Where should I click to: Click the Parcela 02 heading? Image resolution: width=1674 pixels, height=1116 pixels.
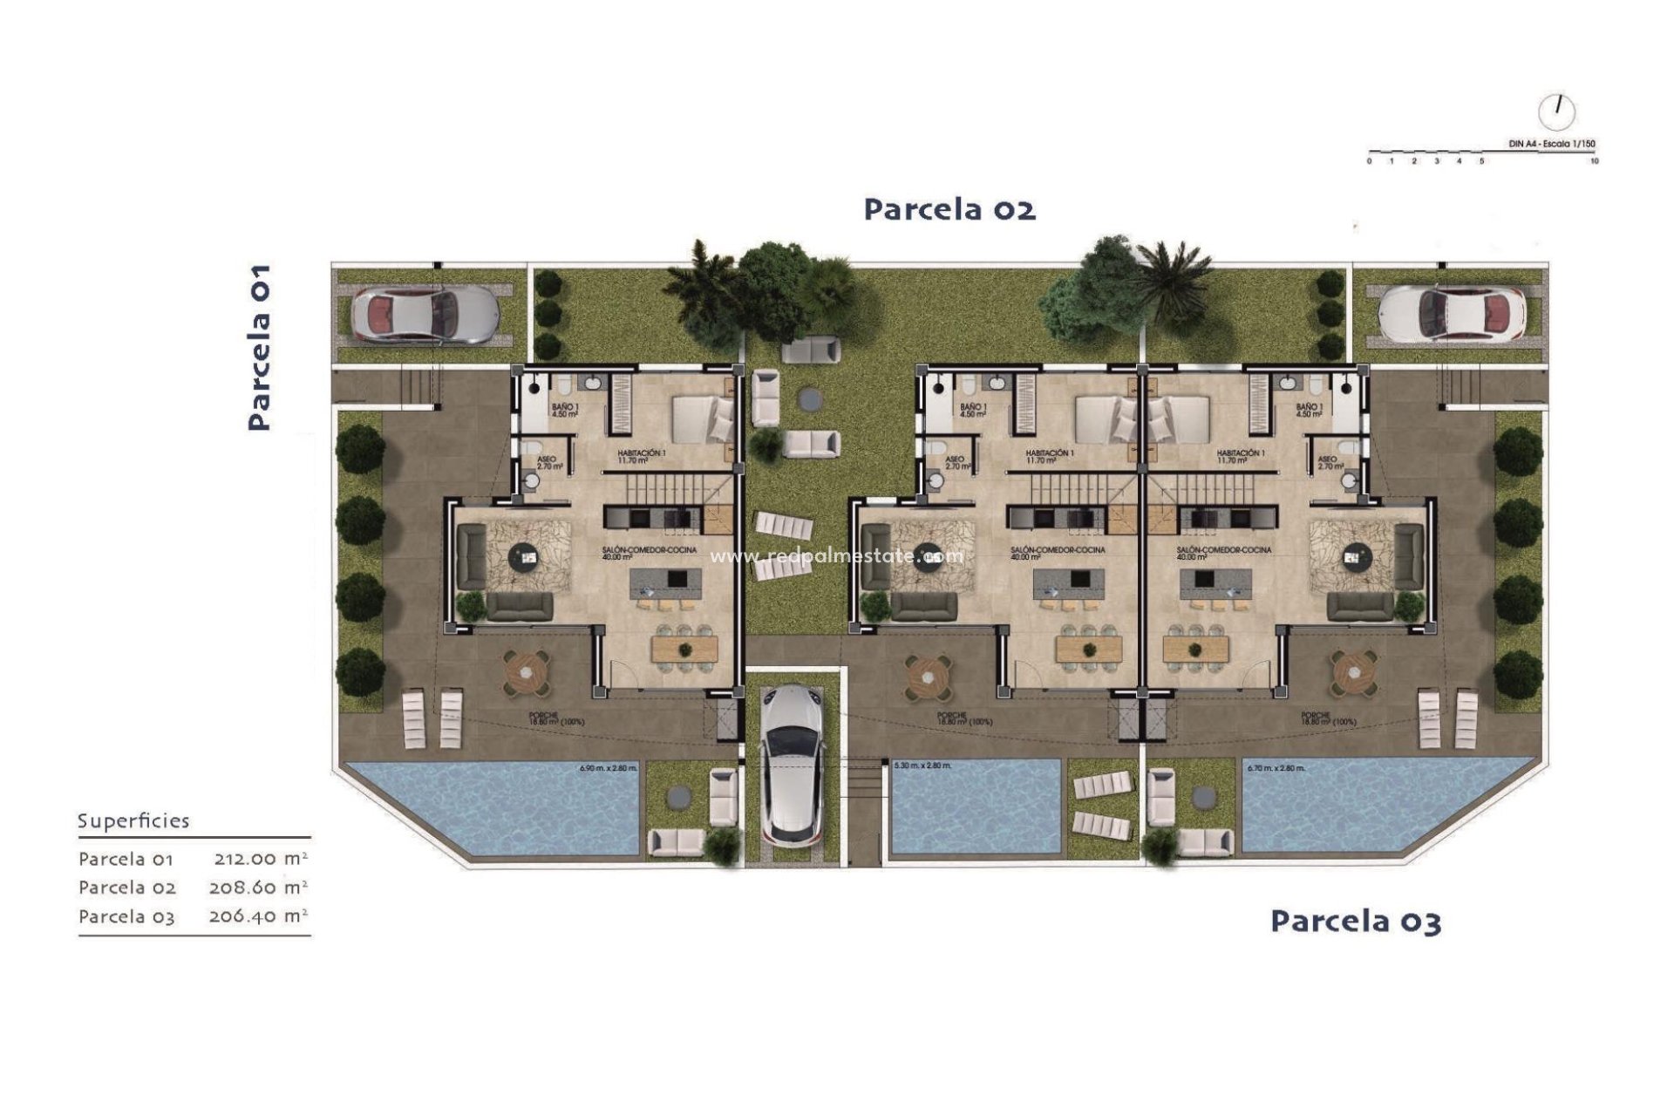tap(949, 209)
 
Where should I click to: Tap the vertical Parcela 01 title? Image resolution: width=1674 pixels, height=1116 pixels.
tap(259, 347)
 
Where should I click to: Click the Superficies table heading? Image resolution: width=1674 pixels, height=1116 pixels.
tap(133, 820)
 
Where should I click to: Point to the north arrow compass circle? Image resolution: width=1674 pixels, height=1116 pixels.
tap(1557, 112)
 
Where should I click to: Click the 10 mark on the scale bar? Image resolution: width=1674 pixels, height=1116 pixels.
tap(1594, 161)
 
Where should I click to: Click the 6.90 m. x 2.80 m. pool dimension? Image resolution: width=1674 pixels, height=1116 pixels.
tap(609, 768)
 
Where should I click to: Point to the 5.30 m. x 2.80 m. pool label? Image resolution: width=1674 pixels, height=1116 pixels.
tap(922, 766)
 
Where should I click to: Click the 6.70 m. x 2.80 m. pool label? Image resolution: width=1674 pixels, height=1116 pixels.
tap(1276, 768)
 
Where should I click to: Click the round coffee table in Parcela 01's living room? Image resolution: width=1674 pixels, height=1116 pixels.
tap(525, 555)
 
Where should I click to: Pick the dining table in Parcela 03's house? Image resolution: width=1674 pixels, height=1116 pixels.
tap(1196, 648)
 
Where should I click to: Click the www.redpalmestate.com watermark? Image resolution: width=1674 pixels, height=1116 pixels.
tap(837, 555)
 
